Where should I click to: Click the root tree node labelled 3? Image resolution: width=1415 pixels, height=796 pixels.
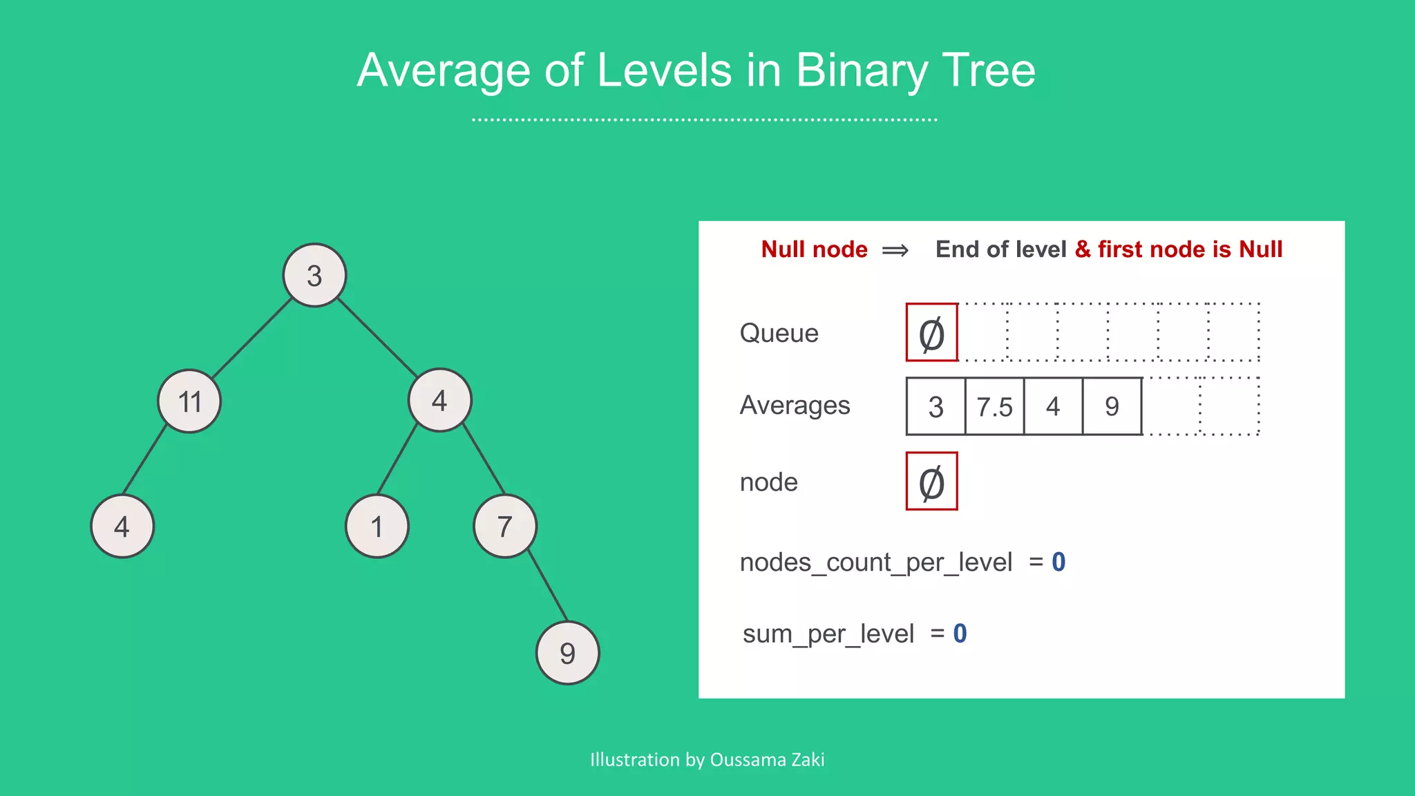click(314, 275)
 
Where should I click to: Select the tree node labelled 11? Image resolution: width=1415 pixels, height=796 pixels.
click(189, 401)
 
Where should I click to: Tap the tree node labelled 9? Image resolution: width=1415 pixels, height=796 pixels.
click(567, 652)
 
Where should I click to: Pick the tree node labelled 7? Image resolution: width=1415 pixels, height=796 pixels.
click(505, 527)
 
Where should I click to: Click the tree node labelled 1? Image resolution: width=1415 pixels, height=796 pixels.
click(377, 527)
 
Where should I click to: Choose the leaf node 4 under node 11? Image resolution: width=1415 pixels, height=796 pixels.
click(122, 527)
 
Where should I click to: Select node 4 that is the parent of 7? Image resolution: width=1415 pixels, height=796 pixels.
click(439, 400)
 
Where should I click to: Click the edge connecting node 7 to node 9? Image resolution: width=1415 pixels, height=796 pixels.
click(548, 586)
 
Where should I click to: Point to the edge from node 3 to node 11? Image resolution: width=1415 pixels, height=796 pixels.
click(251, 339)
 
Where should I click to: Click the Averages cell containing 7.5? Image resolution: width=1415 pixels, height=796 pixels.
click(994, 406)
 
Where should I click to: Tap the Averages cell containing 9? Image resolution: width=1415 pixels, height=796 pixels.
click(1112, 406)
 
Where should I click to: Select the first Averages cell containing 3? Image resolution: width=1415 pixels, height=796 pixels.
click(936, 406)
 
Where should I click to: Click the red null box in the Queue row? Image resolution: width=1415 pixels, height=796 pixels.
click(931, 332)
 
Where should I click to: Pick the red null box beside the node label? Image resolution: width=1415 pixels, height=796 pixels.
click(931, 482)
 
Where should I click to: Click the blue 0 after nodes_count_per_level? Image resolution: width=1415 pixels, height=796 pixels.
click(1058, 562)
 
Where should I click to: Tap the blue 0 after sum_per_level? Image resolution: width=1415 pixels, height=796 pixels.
click(960, 634)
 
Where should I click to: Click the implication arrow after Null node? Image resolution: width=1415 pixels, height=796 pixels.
click(895, 250)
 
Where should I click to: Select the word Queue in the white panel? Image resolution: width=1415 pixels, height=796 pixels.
click(779, 333)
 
